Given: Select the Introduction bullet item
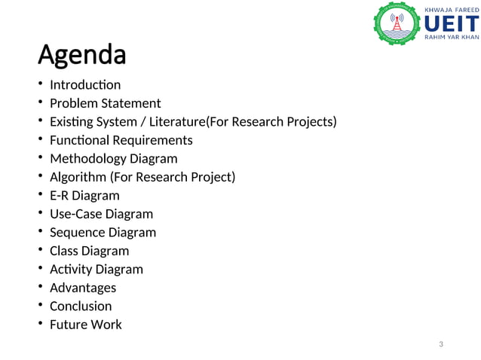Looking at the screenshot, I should (84, 84).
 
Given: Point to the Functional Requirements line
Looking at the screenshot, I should (121, 140).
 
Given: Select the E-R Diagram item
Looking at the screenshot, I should (84, 196).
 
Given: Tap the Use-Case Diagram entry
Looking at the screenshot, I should (101, 214).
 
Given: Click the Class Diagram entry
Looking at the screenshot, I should (89, 251).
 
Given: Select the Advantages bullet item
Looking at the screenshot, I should (83, 288).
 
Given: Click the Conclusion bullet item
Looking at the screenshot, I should (81, 306).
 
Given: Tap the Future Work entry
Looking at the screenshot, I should (85, 325).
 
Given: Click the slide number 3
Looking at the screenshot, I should (441, 344).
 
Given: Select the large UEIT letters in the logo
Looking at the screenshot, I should (452, 25).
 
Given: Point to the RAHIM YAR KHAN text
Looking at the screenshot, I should (452, 37).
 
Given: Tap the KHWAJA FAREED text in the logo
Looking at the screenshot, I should (452, 10).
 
